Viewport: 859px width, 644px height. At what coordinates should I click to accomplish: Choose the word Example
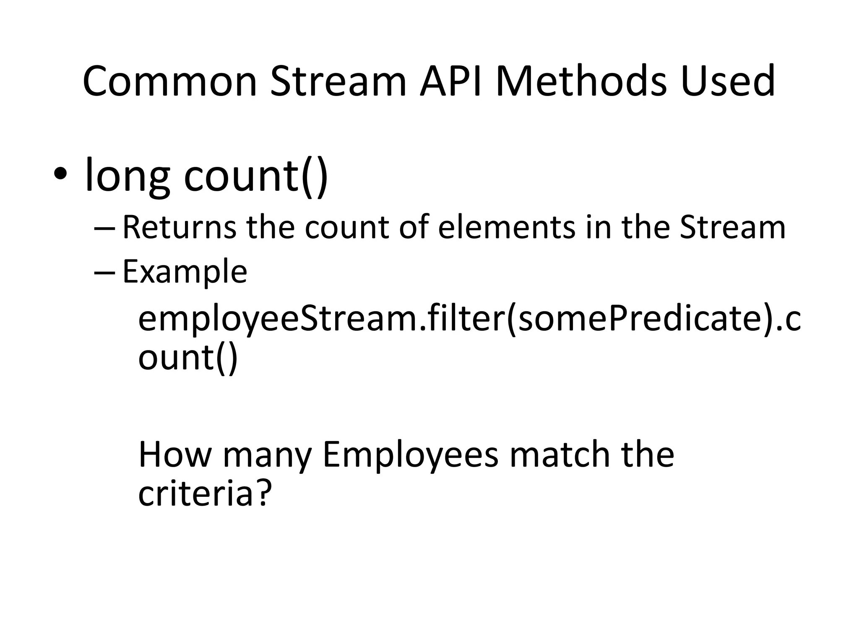[185, 273]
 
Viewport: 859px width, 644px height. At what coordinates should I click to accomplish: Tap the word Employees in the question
[410, 456]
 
